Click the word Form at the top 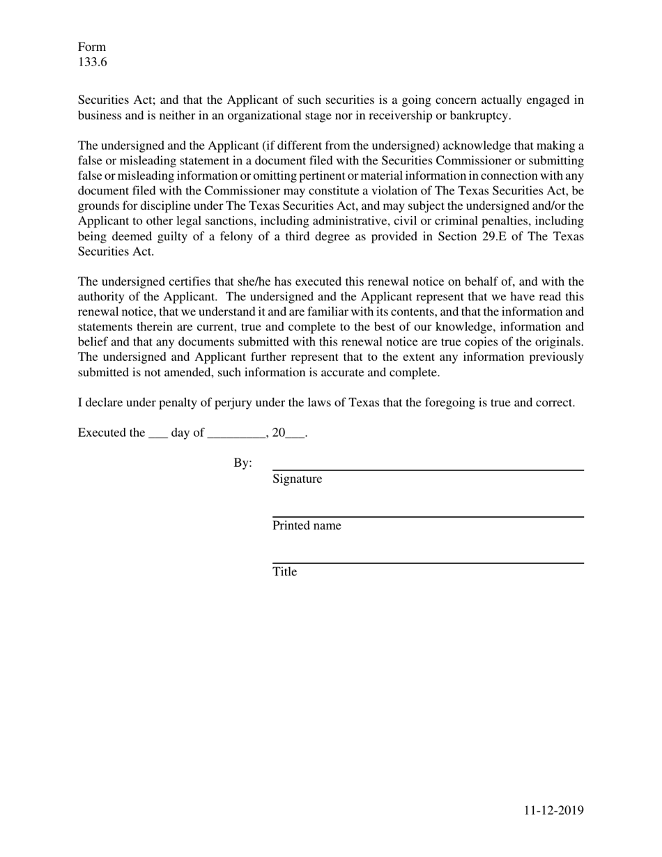(x=91, y=47)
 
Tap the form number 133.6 (x=92, y=62)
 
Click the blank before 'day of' (x=157, y=433)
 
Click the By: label (x=243, y=463)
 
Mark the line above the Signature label (x=427, y=471)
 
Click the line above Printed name (x=427, y=517)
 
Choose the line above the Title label (x=427, y=563)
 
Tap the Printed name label (x=307, y=526)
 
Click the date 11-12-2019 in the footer (x=553, y=810)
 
